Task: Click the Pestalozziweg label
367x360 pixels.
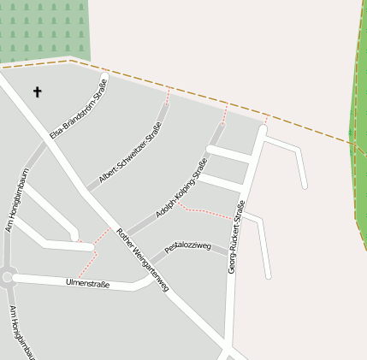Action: click(187, 246)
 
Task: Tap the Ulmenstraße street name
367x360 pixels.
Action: click(87, 283)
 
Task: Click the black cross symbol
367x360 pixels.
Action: click(38, 91)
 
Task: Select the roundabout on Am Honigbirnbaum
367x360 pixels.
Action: click(8, 276)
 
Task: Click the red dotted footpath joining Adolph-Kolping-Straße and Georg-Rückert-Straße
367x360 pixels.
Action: click(205, 211)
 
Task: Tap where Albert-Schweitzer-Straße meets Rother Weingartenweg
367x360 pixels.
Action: click(88, 190)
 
